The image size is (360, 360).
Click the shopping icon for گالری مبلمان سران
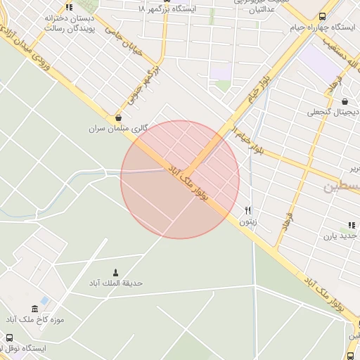[117, 119]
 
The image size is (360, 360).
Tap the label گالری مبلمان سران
[116, 129]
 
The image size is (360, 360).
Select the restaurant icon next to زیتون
[247, 211]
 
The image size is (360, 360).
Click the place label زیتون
[247, 221]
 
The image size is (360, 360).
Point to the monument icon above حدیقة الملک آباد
[116, 272]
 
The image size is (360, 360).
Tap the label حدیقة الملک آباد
[115, 283]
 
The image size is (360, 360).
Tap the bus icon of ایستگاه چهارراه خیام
[322, 17]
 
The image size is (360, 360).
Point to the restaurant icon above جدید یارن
[351, 225]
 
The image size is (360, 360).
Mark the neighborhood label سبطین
[342, 188]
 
